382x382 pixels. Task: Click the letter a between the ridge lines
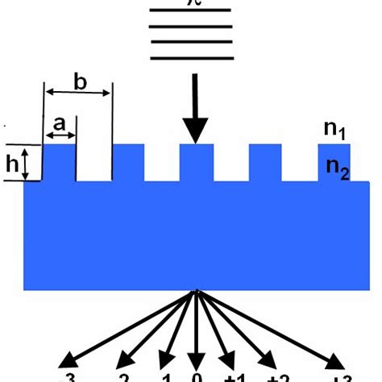(x=59, y=124)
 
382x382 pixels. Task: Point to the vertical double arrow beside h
(x=26, y=163)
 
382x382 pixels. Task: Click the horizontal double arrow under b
(x=77, y=93)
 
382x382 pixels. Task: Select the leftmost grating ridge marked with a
(x=59, y=161)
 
